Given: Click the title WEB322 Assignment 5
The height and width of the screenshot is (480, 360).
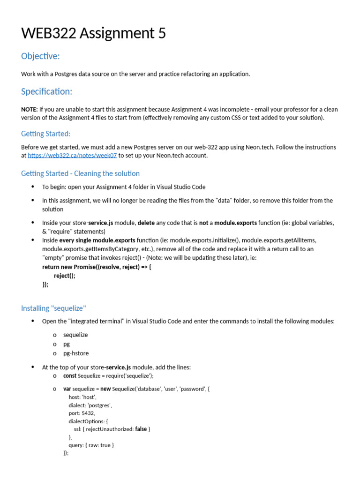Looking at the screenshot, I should (x=93, y=33).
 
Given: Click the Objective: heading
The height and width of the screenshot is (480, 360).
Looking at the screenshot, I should (x=40, y=56).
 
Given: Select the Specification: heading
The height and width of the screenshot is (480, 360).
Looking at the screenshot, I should (x=47, y=91).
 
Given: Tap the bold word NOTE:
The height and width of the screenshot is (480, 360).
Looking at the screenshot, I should (x=29, y=109).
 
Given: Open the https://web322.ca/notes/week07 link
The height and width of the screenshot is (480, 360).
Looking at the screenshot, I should (x=73, y=156).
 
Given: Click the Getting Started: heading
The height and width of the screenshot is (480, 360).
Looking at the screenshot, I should (x=45, y=134).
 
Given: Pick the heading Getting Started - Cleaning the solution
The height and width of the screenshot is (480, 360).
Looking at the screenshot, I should (x=80, y=173).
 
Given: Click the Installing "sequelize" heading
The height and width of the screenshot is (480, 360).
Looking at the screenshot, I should (x=53, y=308).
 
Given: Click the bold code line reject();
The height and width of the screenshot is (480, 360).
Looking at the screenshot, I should (x=64, y=276).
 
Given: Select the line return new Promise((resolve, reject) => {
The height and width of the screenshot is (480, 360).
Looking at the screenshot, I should (x=97, y=267).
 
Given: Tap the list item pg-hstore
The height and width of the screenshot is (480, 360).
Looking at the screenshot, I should (x=75, y=353).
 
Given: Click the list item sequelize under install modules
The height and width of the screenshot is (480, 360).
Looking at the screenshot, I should (x=75, y=335).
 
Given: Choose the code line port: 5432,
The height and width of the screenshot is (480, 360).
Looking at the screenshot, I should (x=82, y=413).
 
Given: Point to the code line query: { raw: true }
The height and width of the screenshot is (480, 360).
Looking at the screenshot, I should (x=91, y=445).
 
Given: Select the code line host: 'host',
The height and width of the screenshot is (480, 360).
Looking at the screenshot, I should (x=82, y=397).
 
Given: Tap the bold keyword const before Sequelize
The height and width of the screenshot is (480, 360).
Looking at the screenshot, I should (x=70, y=375).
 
